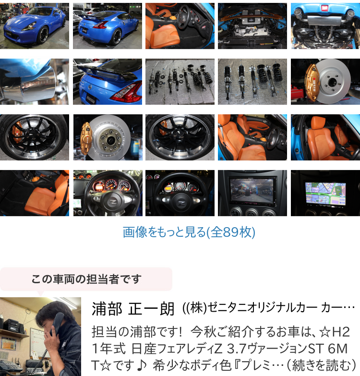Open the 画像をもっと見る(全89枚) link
(x=189, y=232)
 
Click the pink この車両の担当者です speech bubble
(x=86, y=279)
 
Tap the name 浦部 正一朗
(x=133, y=309)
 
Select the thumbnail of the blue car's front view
(x=35, y=26)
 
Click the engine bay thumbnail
(x=252, y=26)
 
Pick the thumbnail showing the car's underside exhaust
(x=325, y=26)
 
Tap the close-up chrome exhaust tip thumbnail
(x=35, y=82)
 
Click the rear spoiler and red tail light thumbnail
(x=108, y=82)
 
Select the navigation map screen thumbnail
(x=325, y=193)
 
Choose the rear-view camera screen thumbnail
(x=252, y=193)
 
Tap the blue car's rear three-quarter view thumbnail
(x=108, y=26)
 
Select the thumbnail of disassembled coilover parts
(x=180, y=82)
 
